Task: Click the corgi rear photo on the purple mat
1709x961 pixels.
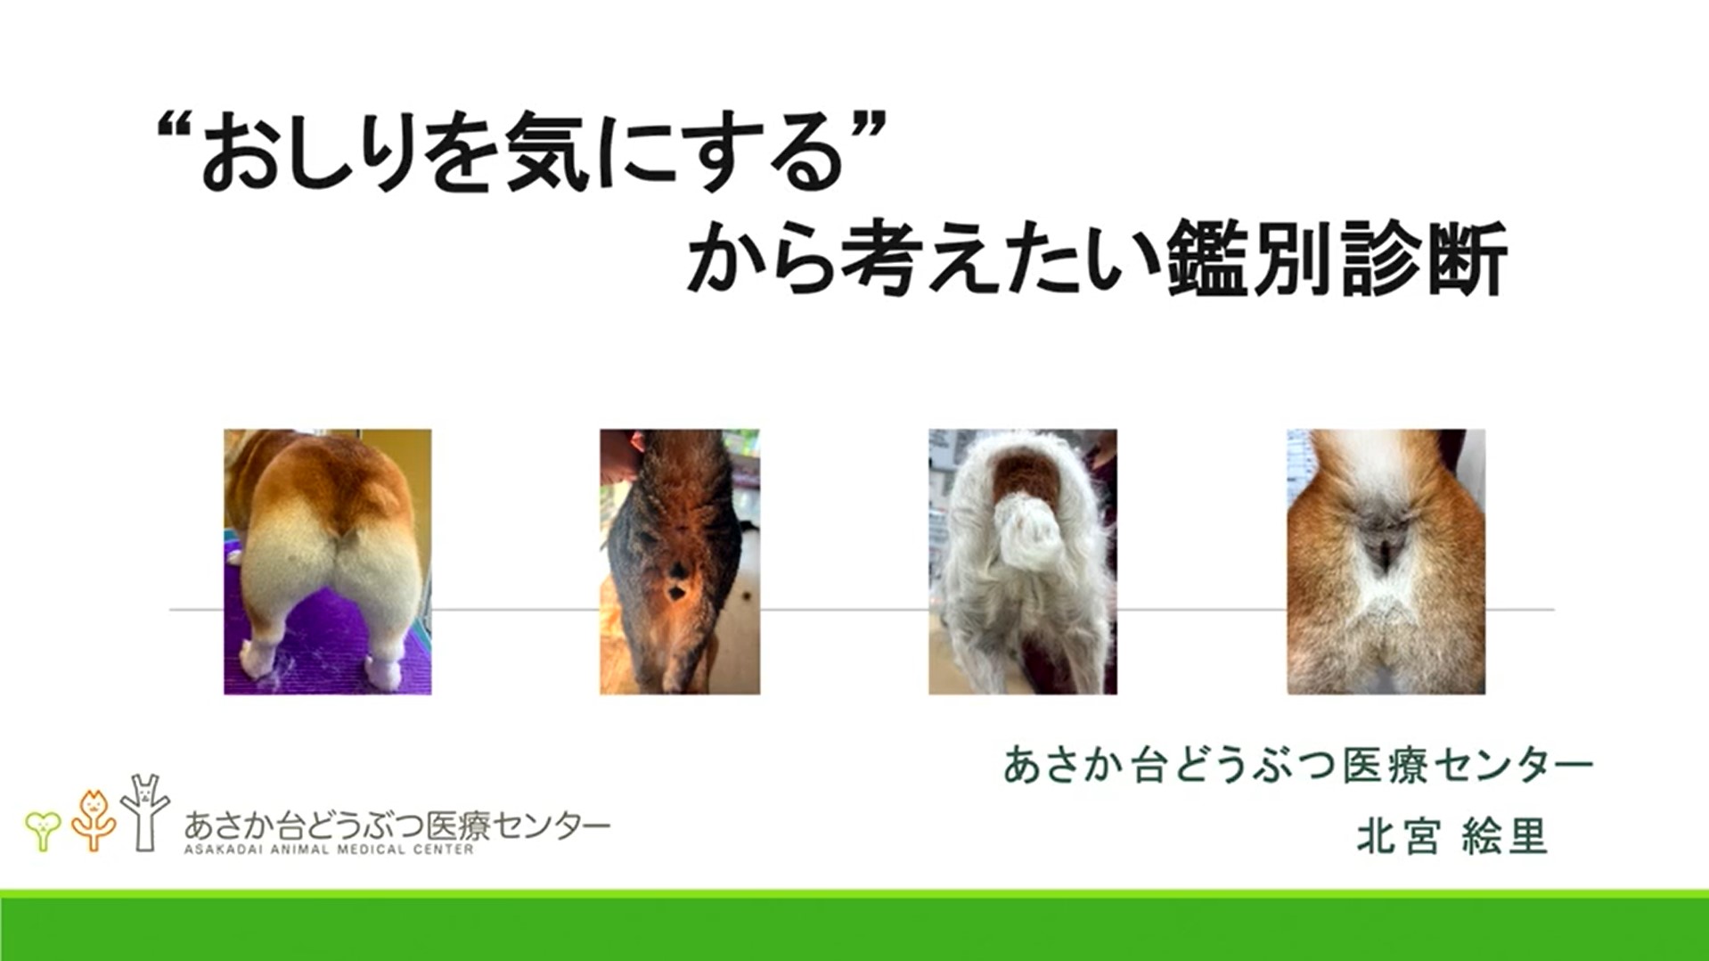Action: [x=327, y=562]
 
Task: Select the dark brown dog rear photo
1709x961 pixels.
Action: [x=680, y=562]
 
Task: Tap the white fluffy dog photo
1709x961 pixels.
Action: [x=1023, y=562]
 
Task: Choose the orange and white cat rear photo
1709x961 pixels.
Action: [x=1386, y=562]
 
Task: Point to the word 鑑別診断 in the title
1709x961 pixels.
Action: [x=1336, y=259]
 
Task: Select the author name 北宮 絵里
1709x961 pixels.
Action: [x=1452, y=836]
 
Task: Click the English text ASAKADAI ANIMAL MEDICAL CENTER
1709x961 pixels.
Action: [x=329, y=850]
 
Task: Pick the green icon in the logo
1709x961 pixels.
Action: [x=42, y=830]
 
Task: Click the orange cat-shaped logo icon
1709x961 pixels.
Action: [x=94, y=820]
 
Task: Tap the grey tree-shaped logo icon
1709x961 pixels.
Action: [x=144, y=812]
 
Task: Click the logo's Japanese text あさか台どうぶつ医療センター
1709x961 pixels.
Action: [x=397, y=825]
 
